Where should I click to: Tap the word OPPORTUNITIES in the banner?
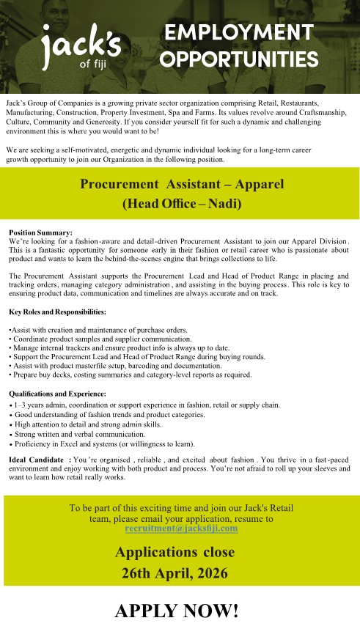(240, 59)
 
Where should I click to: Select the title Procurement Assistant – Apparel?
(180, 183)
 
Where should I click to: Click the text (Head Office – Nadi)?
(180, 204)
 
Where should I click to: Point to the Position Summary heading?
(40, 232)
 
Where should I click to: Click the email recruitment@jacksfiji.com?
(181, 528)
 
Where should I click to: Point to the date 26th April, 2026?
(180, 572)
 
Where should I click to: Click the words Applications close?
(180, 551)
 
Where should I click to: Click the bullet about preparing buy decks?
(131, 375)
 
